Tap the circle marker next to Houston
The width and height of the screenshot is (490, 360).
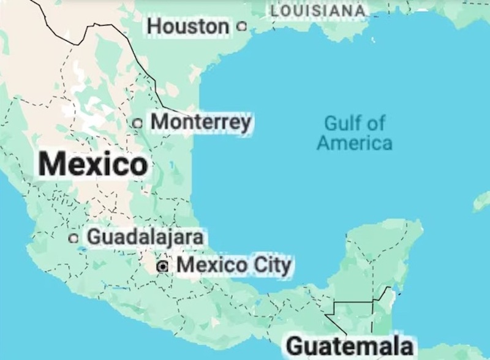pos(241,26)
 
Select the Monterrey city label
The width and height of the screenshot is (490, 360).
pos(201,122)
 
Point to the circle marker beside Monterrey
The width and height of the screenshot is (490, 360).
pos(138,123)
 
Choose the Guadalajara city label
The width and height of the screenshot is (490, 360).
pos(145,236)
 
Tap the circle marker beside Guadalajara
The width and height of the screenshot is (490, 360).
pos(74,238)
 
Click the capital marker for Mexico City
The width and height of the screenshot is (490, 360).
pos(162,266)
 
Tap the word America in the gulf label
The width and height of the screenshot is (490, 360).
pos(355,143)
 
